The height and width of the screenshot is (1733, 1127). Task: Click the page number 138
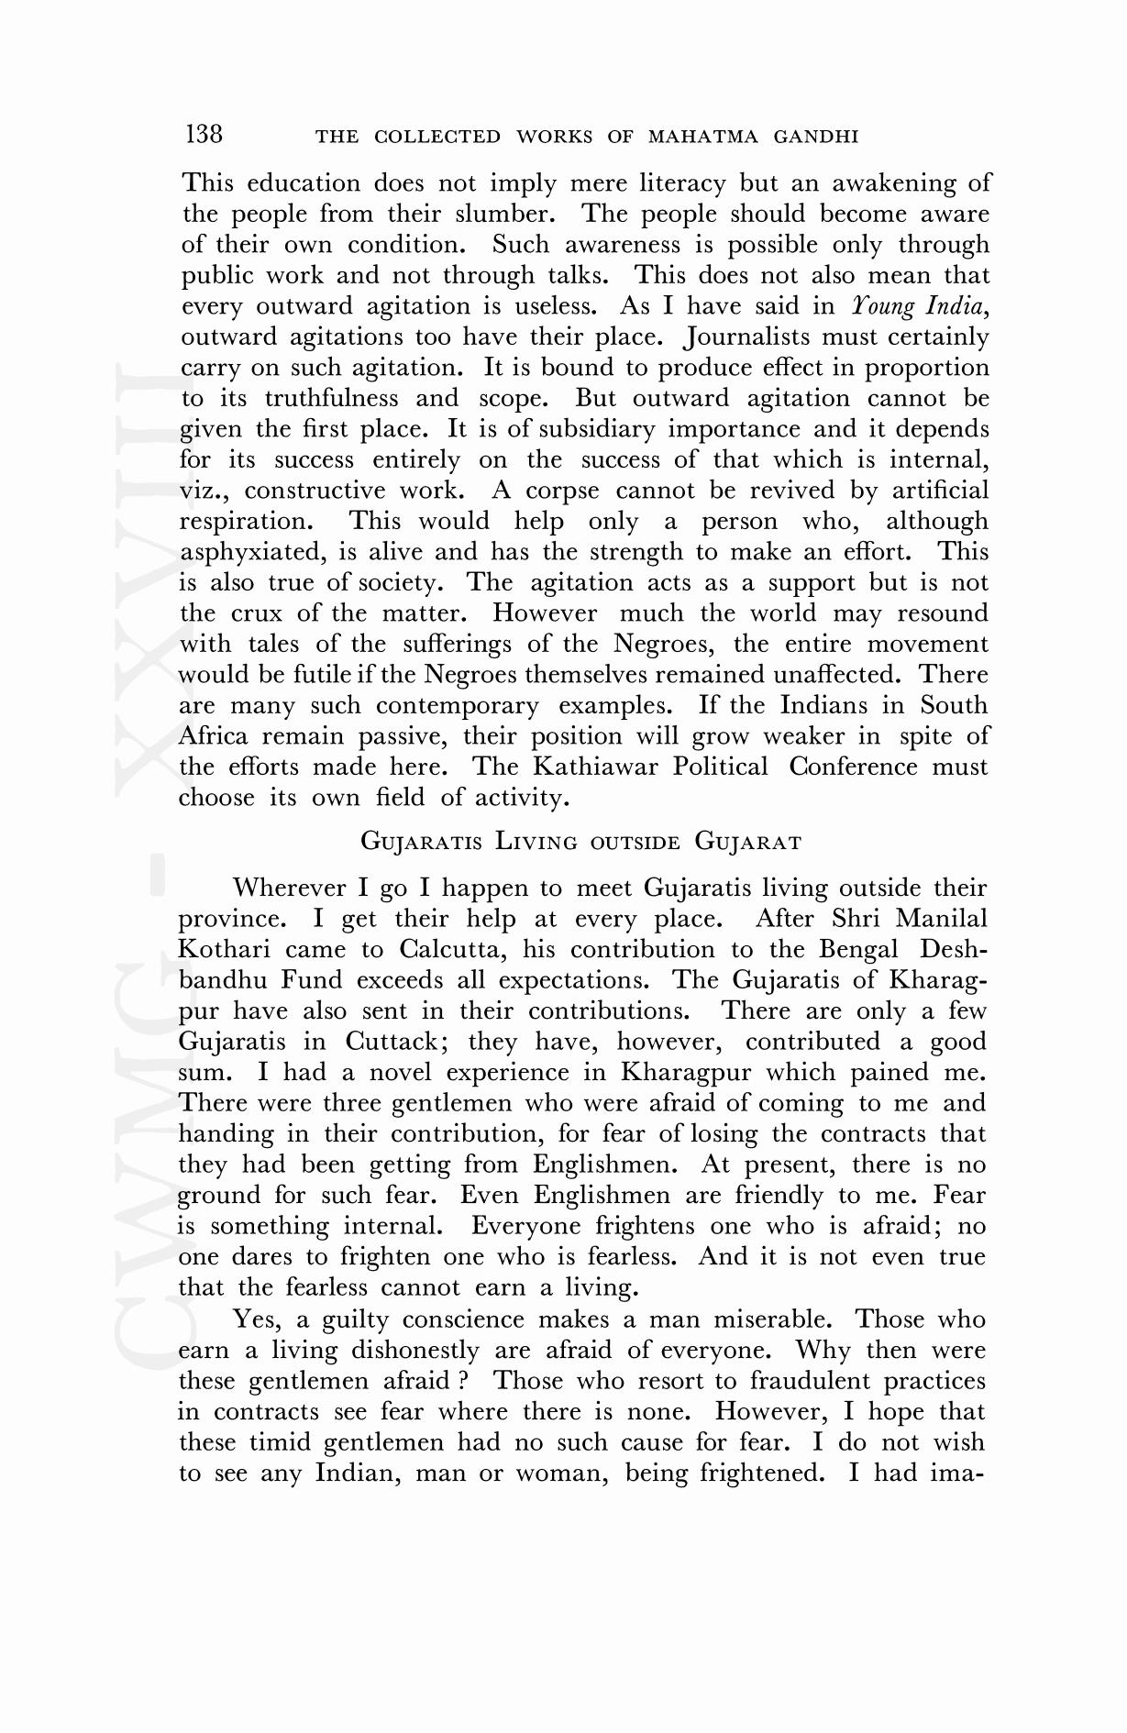(x=204, y=135)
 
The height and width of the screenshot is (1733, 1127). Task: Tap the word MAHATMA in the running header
(x=703, y=138)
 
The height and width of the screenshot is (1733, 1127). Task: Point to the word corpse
(x=562, y=490)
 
